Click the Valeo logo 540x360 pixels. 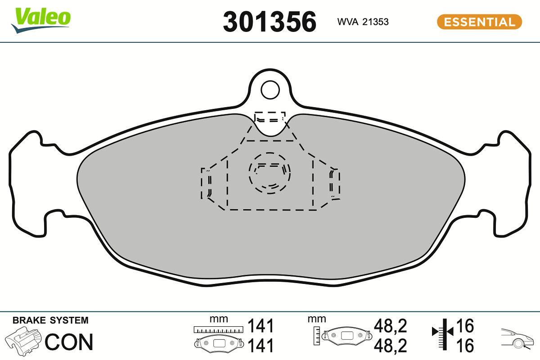[x=41, y=19]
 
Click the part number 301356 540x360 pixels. [x=270, y=22]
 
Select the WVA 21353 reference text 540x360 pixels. [x=363, y=22]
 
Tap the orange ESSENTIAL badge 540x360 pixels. [x=479, y=22]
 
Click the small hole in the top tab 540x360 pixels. [x=270, y=89]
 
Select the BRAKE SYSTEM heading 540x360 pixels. [x=50, y=320]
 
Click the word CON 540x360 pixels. [x=69, y=342]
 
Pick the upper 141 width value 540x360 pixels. [x=261, y=325]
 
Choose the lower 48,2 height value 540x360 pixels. [x=391, y=346]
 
